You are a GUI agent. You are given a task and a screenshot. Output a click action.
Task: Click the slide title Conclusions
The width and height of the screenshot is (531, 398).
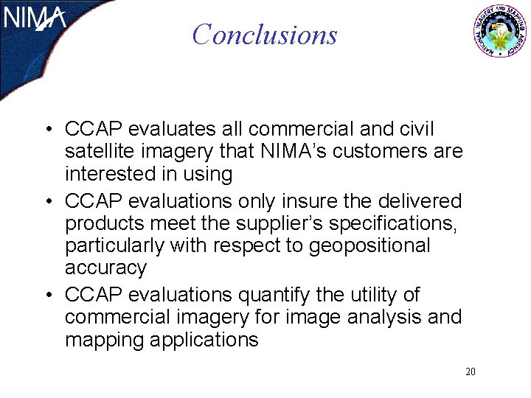[264, 35]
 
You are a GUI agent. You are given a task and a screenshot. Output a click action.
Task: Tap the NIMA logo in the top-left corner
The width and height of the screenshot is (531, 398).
[35, 20]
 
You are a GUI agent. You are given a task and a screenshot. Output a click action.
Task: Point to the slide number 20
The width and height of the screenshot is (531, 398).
[471, 371]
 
